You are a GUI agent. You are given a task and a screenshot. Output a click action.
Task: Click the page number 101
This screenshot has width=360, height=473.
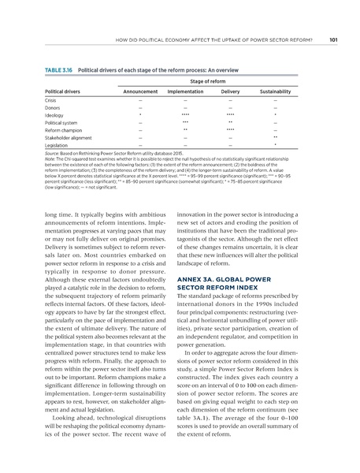(x=333, y=39)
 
